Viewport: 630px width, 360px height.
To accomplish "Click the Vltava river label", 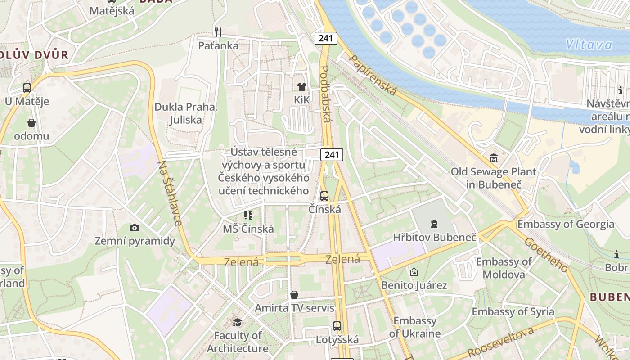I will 589,45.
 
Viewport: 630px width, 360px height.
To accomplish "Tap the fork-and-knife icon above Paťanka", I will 218,32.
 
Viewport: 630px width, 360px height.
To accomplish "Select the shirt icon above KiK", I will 301,86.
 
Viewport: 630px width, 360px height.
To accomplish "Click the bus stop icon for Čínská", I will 324,196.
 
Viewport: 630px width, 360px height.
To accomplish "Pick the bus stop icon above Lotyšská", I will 337,326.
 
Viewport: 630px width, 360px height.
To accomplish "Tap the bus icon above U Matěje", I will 27,88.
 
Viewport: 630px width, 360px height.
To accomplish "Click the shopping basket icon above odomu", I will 31,123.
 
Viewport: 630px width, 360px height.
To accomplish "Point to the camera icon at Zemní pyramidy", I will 134,228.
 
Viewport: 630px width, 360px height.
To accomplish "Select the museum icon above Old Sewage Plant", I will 494,158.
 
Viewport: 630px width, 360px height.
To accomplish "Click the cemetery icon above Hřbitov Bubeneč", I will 434,224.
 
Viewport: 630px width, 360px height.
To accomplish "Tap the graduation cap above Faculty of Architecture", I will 237,322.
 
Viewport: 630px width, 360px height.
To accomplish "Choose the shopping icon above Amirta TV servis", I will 294,295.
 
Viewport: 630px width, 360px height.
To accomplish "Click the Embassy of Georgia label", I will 566,224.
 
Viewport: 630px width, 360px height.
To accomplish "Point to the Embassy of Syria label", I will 513,311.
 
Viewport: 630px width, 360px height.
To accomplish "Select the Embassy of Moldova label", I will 504,268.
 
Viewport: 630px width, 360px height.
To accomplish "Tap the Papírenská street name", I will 373,75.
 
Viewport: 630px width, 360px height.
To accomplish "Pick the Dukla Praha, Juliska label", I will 186,113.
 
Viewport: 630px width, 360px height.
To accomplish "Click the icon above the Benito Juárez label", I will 414,272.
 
